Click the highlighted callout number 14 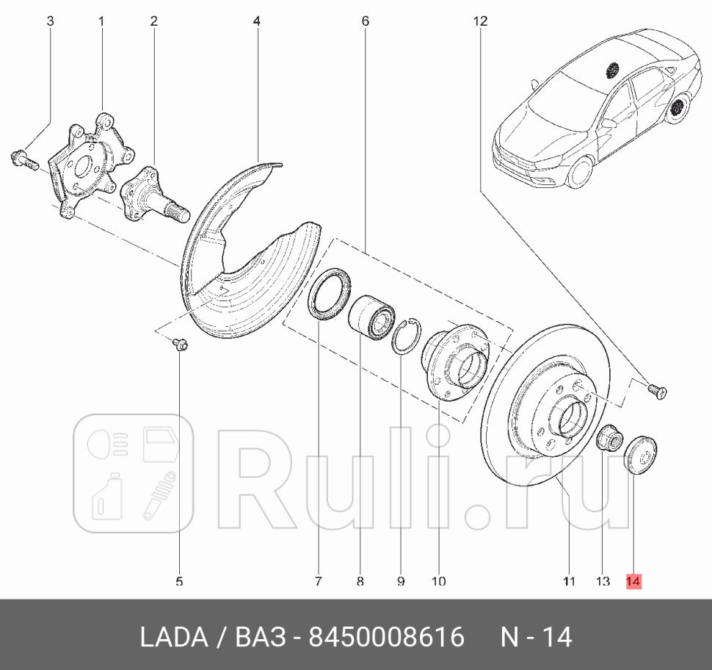point(633,581)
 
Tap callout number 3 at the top point(50,21)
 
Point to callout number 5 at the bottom point(179,581)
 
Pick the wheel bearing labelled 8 point(371,317)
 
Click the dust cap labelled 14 point(640,455)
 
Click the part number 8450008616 point(386,637)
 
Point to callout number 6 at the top point(365,21)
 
